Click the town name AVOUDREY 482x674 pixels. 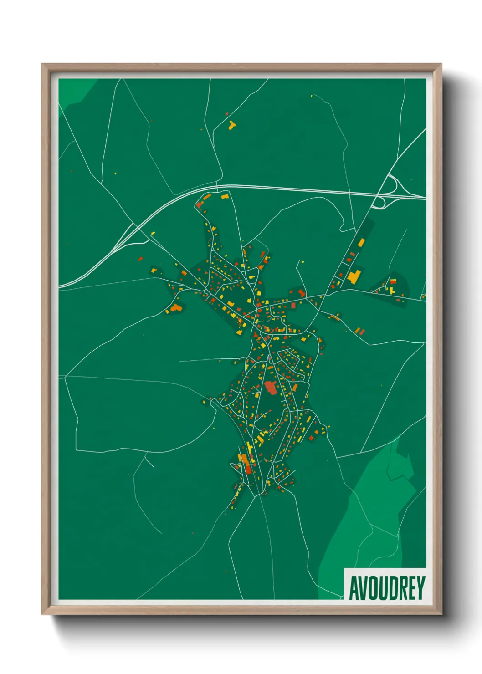click(387, 587)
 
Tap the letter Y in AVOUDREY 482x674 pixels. click(420, 587)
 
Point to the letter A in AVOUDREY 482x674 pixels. click(354, 587)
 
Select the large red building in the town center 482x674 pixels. click(270, 388)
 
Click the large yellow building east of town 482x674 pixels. click(354, 276)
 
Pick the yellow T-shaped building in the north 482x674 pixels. click(232, 124)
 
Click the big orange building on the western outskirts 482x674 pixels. click(176, 308)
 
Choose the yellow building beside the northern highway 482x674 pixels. click(224, 196)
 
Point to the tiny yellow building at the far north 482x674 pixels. click(312, 96)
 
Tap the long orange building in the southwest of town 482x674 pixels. click(246, 460)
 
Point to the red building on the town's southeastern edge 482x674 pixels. click(312, 438)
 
